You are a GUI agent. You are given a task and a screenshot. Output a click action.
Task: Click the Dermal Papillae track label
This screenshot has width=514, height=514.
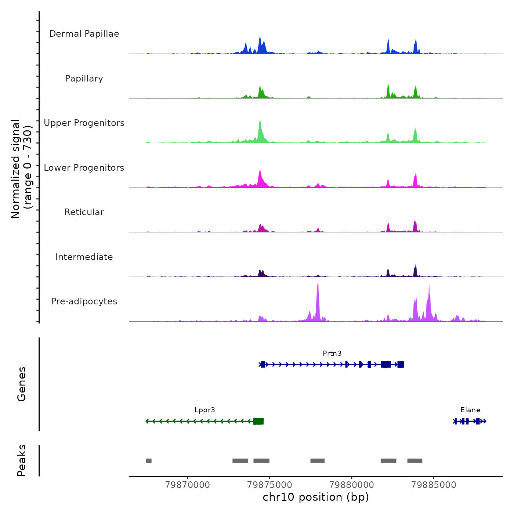click(x=84, y=34)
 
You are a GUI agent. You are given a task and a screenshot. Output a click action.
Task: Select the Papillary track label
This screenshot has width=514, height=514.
click(x=84, y=79)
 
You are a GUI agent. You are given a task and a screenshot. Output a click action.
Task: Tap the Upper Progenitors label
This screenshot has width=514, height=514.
click(x=84, y=123)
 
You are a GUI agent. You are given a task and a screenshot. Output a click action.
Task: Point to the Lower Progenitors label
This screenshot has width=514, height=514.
click(x=84, y=168)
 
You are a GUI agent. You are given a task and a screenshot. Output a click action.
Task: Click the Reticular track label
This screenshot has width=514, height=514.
click(x=84, y=212)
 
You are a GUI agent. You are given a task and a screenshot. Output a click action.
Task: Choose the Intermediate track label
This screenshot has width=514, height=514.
click(x=84, y=257)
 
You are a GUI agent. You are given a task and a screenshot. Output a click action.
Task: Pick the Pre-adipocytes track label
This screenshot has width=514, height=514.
click(x=84, y=301)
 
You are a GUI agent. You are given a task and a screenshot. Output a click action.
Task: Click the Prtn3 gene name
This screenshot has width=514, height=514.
click(x=332, y=354)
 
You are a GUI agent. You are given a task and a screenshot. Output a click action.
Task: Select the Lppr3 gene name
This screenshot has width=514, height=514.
click(x=205, y=410)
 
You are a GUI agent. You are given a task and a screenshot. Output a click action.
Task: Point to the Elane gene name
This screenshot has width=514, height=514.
click(x=470, y=410)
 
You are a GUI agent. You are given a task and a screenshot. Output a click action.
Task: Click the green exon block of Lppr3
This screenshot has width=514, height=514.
click(x=258, y=421)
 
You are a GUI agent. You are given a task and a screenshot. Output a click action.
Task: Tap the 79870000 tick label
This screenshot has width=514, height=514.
click(x=188, y=485)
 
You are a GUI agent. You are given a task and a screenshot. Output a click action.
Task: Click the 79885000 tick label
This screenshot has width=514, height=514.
click(x=434, y=485)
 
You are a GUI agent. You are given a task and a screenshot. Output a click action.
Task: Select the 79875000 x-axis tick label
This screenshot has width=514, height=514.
click(x=270, y=485)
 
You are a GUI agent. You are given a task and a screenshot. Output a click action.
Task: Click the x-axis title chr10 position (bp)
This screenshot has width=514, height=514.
click(x=316, y=497)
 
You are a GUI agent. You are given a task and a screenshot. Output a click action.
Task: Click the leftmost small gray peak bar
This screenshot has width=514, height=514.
click(x=149, y=461)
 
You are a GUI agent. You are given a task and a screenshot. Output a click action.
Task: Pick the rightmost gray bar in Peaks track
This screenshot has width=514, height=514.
click(x=415, y=461)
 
